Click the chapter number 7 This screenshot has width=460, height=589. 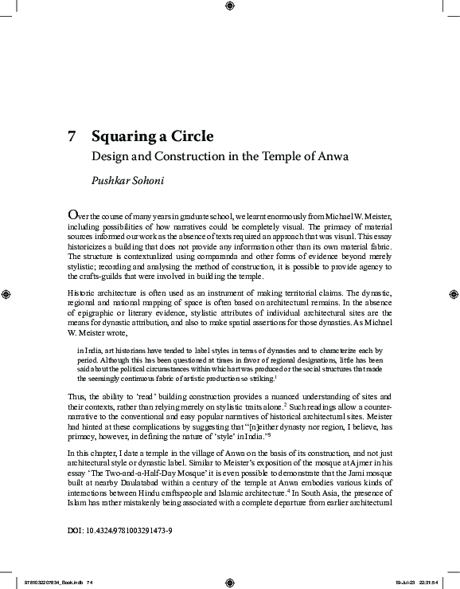click(x=72, y=135)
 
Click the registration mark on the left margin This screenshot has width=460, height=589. click(x=6, y=294)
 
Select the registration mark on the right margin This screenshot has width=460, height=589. click(x=453, y=294)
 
